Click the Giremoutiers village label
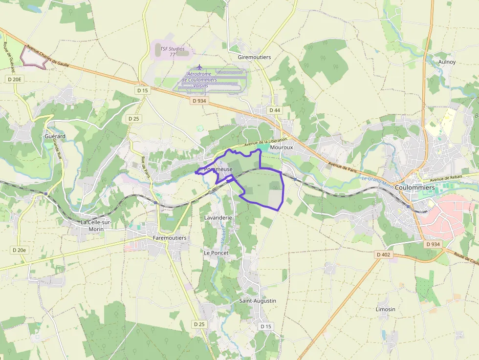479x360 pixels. click(254, 57)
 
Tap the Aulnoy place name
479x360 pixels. click(447, 62)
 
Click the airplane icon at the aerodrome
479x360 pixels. click(199, 67)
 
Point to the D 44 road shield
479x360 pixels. click(275, 110)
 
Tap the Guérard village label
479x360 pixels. click(55, 136)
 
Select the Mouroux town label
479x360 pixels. click(281, 147)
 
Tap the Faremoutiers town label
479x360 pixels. click(170, 238)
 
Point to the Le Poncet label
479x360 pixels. click(216, 253)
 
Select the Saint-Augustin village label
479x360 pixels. click(258, 300)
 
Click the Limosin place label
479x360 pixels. click(386, 309)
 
